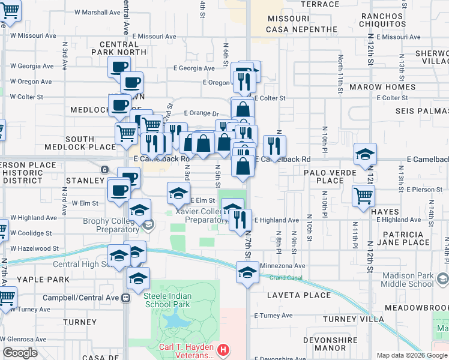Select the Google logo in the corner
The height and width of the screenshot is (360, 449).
point(20,353)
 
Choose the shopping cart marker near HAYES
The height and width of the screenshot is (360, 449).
point(364,195)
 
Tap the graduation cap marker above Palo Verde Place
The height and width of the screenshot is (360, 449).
point(365,154)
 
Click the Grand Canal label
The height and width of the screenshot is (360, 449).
point(283,278)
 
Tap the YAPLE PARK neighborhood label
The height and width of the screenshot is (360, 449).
point(35,280)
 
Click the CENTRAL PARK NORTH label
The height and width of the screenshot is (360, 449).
point(123,48)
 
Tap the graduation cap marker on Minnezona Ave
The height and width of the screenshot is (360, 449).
point(246,272)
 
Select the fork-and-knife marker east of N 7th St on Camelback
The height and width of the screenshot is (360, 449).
point(274,145)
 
